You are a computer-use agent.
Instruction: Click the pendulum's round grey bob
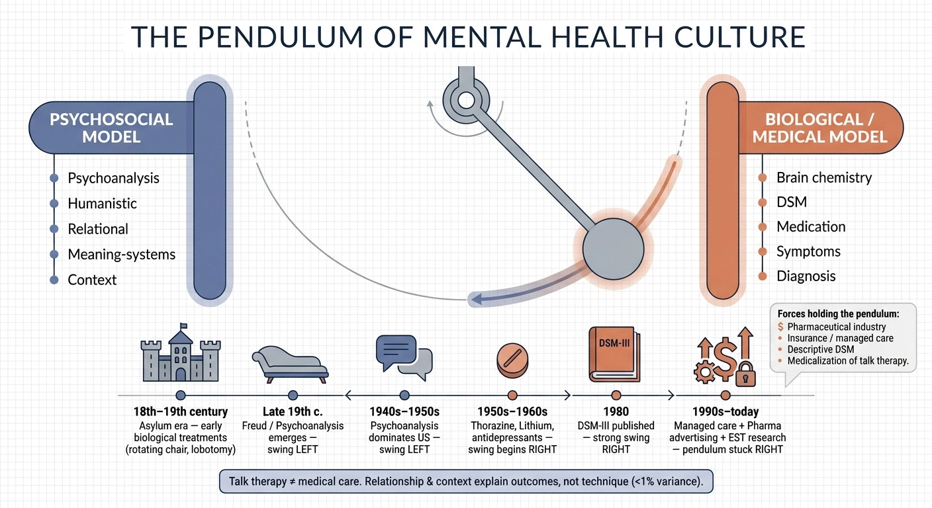pos(614,249)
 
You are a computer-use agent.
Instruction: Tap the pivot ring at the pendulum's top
pos(467,100)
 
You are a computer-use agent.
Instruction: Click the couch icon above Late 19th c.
pos(290,364)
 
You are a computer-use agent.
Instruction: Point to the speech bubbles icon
pos(404,357)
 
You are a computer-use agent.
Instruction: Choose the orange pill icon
pos(512,360)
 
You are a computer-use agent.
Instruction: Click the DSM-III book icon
pos(614,354)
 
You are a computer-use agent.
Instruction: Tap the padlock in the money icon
pos(745,374)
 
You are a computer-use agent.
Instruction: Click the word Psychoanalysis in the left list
pos(114,178)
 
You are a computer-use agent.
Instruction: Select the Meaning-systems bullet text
pos(122,254)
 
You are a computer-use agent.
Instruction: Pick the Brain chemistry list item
pos(824,177)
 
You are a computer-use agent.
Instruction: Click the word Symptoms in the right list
pos(808,251)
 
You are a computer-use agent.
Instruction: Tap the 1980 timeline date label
pos(616,411)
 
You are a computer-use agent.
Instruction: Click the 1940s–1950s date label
pos(404,411)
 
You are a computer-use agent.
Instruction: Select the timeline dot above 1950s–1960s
pos(512,396)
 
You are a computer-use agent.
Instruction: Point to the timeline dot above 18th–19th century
pos(181,396)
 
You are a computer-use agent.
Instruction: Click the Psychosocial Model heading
pos(111,128)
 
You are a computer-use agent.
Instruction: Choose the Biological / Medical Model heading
pos(819,128)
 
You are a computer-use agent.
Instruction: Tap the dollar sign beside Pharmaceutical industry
pos(780,327)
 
